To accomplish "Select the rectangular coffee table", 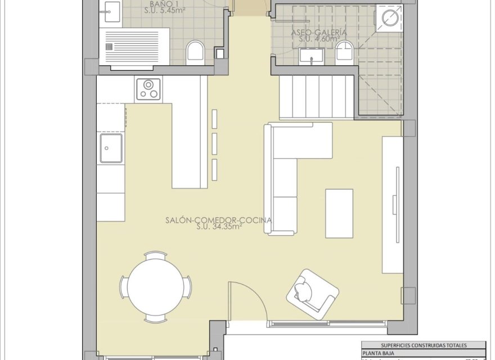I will [x=339, y=213].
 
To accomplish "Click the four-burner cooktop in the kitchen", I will [x=148, y=89].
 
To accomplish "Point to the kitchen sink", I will [x=111, y=148].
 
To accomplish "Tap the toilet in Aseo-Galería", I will [x=344, y=54].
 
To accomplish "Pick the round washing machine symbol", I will [x=390, y=18].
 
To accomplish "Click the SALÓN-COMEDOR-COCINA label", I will [x=219, y=220].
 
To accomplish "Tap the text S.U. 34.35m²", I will [x=219, y=227].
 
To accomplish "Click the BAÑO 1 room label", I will [x=165, y=3].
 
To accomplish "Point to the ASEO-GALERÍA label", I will [x=319, y=33].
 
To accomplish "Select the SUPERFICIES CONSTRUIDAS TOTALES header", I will [x=422, y=345].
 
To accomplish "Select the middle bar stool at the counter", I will [x=214, y=143].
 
